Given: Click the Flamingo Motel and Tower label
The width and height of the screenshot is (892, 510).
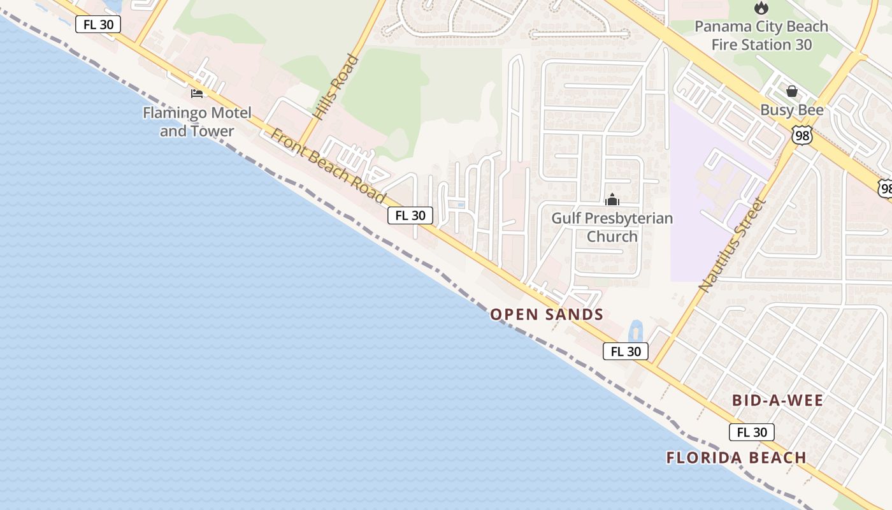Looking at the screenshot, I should click(x=197, y=122).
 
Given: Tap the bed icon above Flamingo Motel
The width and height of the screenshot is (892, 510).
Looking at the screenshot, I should click(x=197, y=94).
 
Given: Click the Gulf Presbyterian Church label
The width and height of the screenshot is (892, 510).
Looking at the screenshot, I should click(x=612, y=227).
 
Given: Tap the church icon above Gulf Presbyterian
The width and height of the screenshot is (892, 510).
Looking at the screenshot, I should click(x=612, y=200).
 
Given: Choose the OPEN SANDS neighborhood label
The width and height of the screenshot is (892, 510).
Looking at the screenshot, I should click(x=547, y=314).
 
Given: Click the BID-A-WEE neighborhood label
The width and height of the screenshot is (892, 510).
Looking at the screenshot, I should click(x=777, y=400).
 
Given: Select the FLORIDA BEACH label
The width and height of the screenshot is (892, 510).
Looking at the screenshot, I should click(x=737, y=458).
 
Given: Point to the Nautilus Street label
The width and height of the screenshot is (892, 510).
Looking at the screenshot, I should click(x=731, y=245).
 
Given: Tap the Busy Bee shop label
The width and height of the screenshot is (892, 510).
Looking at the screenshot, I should click(x=791, y=110).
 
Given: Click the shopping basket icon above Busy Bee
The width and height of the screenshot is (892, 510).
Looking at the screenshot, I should click(x=791, y=91).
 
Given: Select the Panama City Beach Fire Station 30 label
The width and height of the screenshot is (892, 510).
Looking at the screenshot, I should click(x=761, y=36).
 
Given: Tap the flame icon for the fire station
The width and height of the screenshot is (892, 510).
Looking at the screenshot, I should click(x=760, y=8).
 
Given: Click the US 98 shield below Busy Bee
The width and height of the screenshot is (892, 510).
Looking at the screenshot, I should click(x=802, y=135).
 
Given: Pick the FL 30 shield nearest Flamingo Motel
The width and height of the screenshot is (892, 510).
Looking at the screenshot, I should click(x=98, y=24).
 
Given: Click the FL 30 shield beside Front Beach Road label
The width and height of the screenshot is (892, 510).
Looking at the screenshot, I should click(x=410, y=215).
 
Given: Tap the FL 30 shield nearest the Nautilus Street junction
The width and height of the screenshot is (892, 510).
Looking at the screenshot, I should click(x=626, y=351).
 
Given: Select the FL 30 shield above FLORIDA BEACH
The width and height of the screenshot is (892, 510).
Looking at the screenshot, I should click(x=752, y=432).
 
